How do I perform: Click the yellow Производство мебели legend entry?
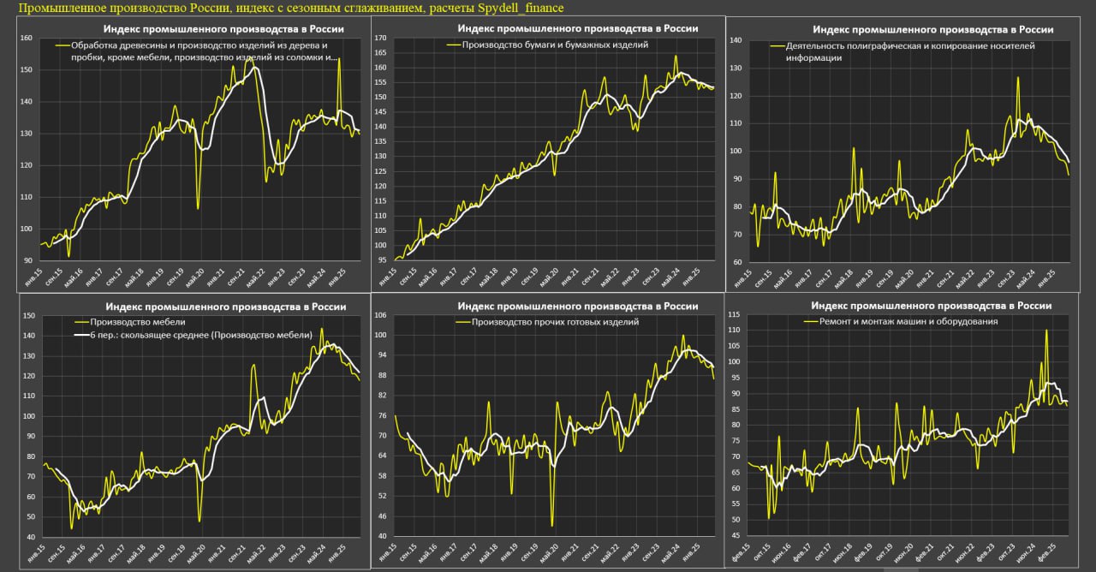click(125, 321)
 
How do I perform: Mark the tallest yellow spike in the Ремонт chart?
click(1046, 331)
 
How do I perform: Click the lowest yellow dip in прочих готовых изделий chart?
click(551, 526)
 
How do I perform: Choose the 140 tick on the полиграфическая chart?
click(734, 41)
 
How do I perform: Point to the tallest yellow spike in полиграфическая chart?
click(1018, 78)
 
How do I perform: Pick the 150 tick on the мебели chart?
click(28, 316)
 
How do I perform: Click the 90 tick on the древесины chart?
click(28, 260)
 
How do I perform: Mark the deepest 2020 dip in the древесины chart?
click(198, 208)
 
